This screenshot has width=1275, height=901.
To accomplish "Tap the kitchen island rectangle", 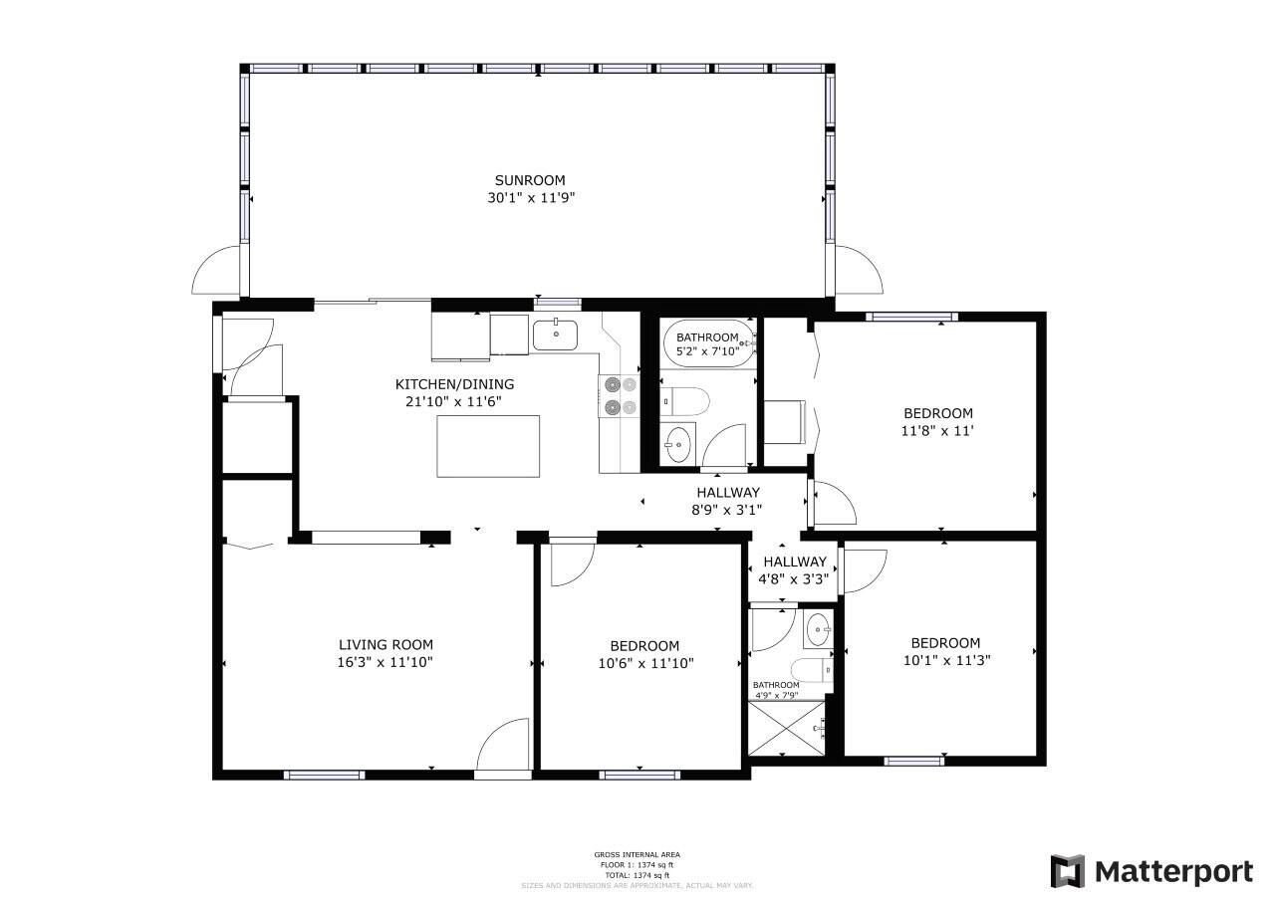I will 488,446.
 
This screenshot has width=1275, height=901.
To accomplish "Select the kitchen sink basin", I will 556,336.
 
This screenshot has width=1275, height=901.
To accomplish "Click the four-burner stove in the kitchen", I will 618,395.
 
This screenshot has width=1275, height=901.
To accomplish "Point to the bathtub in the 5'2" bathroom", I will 708,343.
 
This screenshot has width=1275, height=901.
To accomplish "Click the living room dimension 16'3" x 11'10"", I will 385,662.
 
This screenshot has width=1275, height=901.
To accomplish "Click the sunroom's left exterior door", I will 216,270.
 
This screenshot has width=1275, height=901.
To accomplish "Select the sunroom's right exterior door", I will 858,270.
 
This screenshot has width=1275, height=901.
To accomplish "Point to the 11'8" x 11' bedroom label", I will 937,422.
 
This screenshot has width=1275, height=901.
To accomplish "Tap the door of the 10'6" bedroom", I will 572,562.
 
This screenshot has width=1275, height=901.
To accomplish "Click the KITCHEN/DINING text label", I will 454,384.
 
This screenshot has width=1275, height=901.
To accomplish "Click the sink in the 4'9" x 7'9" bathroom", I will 818,629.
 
